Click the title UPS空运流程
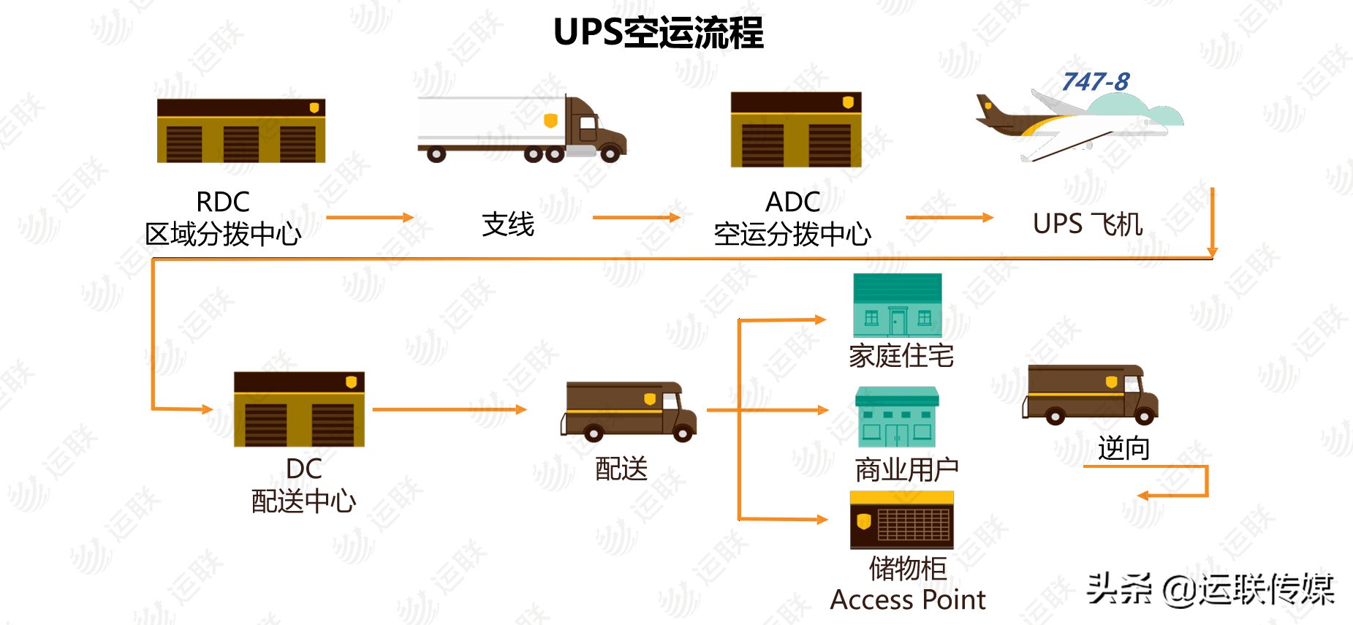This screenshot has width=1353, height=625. click(x=658, y=33)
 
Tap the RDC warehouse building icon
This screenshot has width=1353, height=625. click(x=240, y=131)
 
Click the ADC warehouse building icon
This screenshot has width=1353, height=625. click(x=796, y=129)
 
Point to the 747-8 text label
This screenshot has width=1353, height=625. click(x=1095, y=82)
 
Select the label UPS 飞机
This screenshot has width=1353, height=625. click(x=1088, y=224)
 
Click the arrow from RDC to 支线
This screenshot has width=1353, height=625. click(x=370, y=217)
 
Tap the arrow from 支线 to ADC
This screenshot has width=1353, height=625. click(x=636, y=217)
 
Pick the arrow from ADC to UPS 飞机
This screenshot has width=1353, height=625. click(x=949, y=217)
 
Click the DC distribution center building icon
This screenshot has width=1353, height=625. click(x=299, y=409)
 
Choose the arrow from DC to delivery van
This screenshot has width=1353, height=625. click(x=449, y=409)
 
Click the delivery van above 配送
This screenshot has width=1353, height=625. click(x=629, y=412)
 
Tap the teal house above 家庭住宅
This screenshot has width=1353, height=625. click(x=898, y=305)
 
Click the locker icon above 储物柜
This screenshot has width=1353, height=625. click(x=901, y=520)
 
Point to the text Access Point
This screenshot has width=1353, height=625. click(x=908, y=600)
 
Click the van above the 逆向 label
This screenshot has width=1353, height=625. click(x=1090, y=394)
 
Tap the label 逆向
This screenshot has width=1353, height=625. click(x=1123, y=448)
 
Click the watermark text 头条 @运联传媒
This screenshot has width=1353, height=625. click(x=1210, y=589)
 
